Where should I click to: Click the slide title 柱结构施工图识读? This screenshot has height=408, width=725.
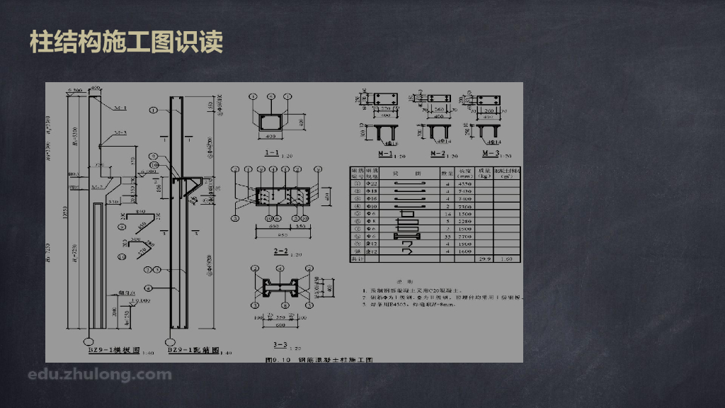tap(126, 42)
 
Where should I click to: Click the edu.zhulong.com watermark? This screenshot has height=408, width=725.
tap(99, 374)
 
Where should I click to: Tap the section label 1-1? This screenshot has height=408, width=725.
tap(270, 152)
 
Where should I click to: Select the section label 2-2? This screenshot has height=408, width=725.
tap(280, 251)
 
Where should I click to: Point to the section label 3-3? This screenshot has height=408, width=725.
tap(281, 344)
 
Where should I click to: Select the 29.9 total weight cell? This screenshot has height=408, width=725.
tap(485, 259)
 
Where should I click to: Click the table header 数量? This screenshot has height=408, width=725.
tap(447, 172)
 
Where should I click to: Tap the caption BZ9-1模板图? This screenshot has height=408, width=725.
tap(113, 350)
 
